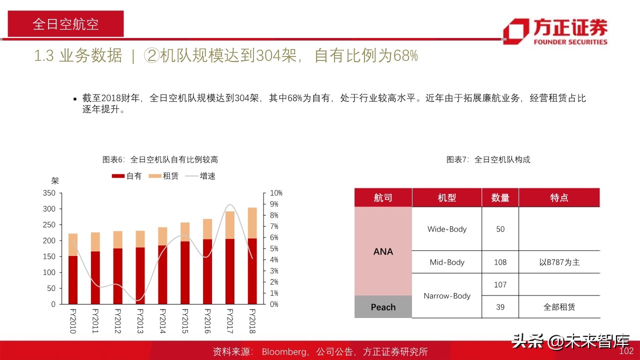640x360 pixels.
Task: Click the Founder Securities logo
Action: point(555,31)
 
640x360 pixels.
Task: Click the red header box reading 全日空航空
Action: point(65,24)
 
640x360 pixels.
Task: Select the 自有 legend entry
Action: point(127,176)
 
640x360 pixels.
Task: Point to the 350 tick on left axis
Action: point(49,193)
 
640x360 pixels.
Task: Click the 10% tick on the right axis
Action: point(276,193)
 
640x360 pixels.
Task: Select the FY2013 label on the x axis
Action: point(139,321)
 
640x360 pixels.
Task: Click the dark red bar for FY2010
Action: point(72,280)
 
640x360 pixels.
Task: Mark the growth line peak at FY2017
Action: point(229,204)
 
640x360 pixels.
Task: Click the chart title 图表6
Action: point(160,159)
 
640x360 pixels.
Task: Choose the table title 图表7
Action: point(488,159)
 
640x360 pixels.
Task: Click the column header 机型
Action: point(446,197)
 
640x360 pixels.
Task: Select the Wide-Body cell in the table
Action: point(446,229)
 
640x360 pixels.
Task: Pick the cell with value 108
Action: point(499,262)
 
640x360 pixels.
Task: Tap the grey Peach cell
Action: point(383,307)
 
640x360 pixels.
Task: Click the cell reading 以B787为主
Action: point(559,262)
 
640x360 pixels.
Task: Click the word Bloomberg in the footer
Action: point(284,352)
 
